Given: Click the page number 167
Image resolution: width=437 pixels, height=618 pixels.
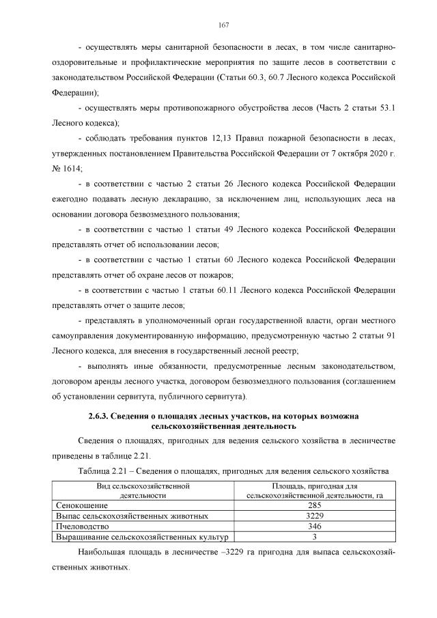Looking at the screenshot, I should coord(223,25).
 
